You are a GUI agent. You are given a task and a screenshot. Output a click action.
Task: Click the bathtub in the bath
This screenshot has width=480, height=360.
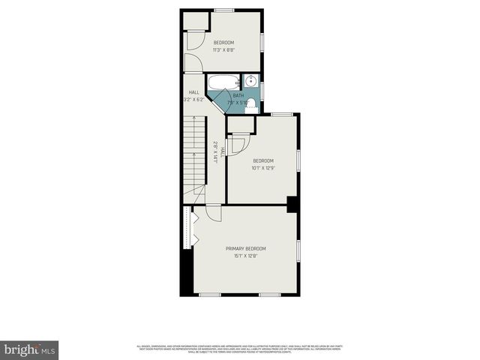tap(222, 82)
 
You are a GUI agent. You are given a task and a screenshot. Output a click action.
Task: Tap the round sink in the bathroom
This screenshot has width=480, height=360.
tap(250, 81)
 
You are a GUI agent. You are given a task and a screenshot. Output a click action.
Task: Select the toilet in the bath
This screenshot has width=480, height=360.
tap(251, 106)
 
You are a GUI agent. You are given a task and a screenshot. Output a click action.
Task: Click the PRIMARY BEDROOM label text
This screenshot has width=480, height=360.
tap(245, 248)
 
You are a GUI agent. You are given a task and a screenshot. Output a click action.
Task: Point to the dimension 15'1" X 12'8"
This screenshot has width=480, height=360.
tap(245, 256)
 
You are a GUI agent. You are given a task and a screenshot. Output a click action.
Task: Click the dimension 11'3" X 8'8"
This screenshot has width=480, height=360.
tap(223, 49)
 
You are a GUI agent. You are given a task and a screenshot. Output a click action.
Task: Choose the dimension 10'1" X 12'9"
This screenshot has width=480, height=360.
tap(262, 168)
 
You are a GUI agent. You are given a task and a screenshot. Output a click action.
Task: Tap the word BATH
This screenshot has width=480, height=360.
tap(238, 95)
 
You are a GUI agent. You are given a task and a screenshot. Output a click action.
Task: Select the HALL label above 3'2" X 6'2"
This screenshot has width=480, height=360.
tap(193, 92)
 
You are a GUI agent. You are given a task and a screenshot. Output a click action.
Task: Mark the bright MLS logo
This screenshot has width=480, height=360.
tap(29, 349)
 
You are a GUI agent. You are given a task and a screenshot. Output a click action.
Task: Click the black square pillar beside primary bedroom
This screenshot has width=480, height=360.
tap(293, 204)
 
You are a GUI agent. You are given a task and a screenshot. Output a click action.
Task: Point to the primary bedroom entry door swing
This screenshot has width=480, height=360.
tap(212, 214)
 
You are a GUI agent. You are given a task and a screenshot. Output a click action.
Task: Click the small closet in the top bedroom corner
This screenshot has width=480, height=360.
tap(195, 20)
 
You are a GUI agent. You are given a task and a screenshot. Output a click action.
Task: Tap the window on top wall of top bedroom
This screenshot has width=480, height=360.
tap(223, 10)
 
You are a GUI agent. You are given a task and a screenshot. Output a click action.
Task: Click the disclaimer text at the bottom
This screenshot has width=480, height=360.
tap(240, 348)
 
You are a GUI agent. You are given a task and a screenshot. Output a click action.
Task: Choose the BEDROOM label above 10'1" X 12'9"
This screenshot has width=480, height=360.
tap(262, 160)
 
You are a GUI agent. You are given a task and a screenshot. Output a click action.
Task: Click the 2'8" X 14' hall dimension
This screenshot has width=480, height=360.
tap(216, 152)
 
